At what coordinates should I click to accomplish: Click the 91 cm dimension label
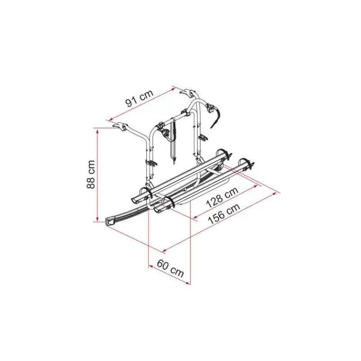(139, 98)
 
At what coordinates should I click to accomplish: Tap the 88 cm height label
(91, 174)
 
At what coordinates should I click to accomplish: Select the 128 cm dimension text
(222, 197)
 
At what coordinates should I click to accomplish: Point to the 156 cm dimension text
(224, 214)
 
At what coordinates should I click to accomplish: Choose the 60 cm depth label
(171, 268)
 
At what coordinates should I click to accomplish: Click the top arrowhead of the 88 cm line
(97, 131)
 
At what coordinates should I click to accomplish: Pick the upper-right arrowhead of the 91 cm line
(174, 88)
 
